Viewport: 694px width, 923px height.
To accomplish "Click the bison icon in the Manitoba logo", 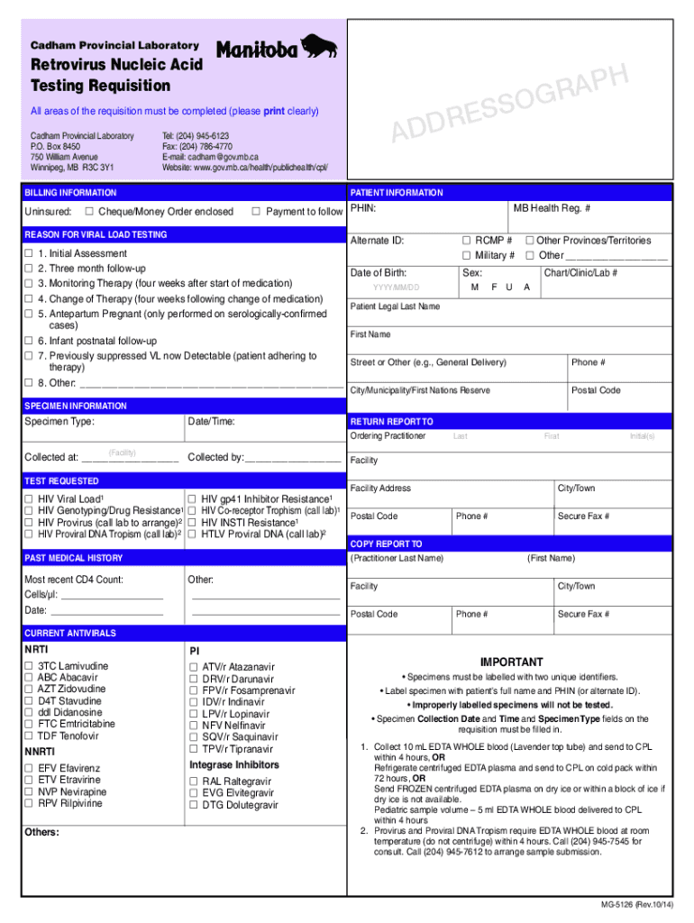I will click(x=319, y=47).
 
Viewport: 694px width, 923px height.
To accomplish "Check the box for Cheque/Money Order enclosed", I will click(x=89, y=212).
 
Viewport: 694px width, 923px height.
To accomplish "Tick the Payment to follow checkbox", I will click(x=256, y=212).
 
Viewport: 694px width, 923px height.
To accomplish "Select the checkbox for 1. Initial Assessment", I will click(x=29, y=254).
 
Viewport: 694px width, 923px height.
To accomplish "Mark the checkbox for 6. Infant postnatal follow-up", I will click(x=29, y=341).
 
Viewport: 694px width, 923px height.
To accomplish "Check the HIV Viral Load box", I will click(x=29, y=498).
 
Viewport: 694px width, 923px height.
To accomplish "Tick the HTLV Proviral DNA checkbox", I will click(x=192, y=534).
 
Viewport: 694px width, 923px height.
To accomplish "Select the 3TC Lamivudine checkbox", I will click(x=29, y=666).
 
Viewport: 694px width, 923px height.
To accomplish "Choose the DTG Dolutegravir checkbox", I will click(x=193, y=805).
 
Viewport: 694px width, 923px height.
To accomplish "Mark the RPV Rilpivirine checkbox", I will click(x=29, y=803).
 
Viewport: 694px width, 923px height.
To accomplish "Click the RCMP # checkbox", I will click(x=467, y=241).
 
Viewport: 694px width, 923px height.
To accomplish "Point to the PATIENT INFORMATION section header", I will click(x=397, y=193).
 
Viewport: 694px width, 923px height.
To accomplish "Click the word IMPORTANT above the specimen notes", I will click(x=511, y=662).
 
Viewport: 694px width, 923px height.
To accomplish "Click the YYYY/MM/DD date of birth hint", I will click(x=396, y=288).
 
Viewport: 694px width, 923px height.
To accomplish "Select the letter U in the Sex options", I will click(x=510, y=288).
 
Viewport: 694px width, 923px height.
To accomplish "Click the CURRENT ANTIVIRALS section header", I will click(x=70, y=634).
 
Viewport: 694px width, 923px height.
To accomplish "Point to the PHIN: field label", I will click(x=363, y=208).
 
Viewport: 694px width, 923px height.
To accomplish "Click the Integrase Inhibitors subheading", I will click(x=233, y=765).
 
